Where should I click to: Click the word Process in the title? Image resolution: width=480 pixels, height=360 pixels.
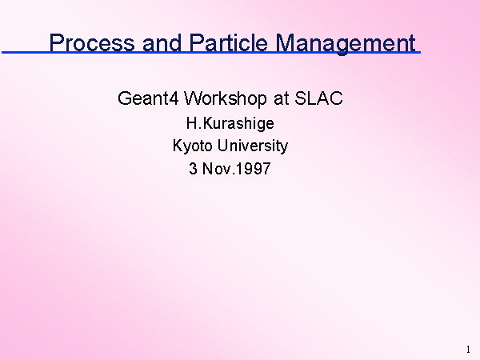pos(92,42)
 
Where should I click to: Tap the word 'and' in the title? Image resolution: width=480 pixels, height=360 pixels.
pos(162,42)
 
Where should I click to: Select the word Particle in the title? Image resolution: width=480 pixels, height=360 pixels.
pos(228,42)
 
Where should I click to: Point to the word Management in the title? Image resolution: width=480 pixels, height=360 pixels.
pos(346,44)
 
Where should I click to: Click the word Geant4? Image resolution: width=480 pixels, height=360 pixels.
pos(148,98)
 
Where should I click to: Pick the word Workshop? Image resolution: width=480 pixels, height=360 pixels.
pos(225,99)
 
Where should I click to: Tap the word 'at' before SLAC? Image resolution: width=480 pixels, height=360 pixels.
pos(282,99)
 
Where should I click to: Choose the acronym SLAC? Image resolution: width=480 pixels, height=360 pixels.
pos(318,98)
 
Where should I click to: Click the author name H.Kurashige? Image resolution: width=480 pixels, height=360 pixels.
pos(230,124)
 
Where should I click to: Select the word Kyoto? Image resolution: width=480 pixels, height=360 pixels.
pos(192,146)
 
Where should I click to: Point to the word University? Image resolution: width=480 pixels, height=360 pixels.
pos(253,146)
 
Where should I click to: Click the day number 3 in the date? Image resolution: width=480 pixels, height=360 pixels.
pos(193,168)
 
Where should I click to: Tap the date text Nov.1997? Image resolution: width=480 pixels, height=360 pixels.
pos(236,168)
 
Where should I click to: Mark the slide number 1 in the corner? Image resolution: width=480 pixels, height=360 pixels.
pos(468,350)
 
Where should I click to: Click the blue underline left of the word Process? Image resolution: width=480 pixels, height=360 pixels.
pos(26,53)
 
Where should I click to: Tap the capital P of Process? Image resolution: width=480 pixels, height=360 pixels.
pos(56,42)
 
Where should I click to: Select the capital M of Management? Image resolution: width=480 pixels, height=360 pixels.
pos(285,42)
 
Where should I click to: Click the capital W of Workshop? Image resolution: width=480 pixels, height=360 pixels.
pos(194,98)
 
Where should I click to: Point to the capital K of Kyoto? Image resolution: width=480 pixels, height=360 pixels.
pos(178,145)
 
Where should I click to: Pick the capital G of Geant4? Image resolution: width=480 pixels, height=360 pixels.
pos(124,98)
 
